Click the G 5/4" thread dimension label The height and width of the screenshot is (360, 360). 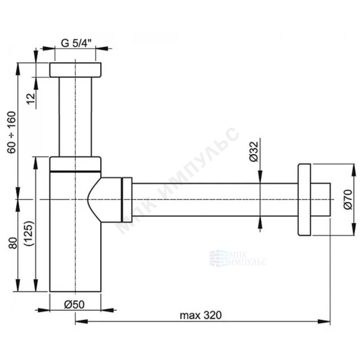76,43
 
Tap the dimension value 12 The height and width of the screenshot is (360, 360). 31,98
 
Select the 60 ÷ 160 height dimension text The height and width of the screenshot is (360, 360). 11,132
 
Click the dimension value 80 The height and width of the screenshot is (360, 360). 13,243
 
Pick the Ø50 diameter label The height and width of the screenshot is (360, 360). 74,305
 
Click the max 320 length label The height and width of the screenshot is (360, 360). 201,315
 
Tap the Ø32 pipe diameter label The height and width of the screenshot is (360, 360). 254,151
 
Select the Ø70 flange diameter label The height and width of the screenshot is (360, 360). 348,199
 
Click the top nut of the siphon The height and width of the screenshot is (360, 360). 76,70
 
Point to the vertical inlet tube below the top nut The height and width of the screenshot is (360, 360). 75,117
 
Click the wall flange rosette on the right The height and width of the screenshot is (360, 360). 304,200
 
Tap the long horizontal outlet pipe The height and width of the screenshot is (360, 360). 215,200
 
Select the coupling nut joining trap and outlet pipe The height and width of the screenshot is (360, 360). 127,200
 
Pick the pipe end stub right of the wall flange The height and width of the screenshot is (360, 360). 321,200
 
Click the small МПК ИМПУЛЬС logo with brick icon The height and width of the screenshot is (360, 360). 238,258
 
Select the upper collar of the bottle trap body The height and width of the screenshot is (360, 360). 75,164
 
